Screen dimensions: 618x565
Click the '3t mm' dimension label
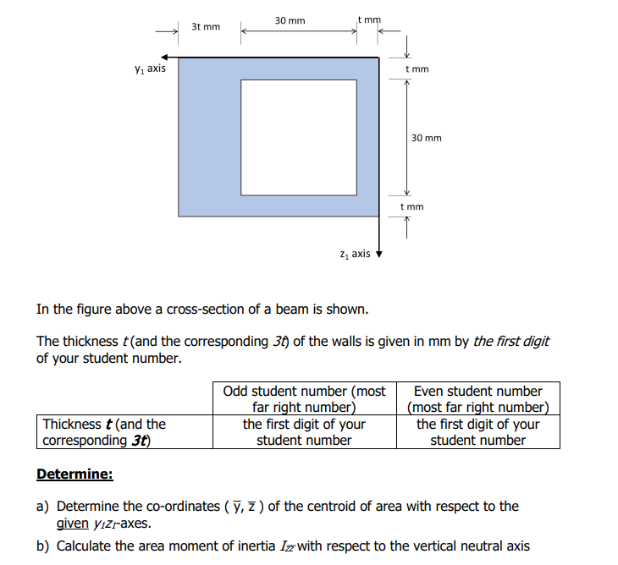coord(206,27)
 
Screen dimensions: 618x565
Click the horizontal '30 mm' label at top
coord(290,19)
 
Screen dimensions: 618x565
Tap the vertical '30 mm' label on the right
coord(426,138)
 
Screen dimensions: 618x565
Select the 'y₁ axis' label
coord(150,69)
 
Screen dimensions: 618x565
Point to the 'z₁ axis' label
coord(354,253)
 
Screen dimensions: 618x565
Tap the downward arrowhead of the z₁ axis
coord(379,254)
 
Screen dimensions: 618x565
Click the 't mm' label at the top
coord(369,18)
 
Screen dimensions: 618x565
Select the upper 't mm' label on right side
coord(417,69)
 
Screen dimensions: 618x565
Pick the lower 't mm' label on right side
coord(411,206)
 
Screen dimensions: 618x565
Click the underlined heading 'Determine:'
coord(74,474)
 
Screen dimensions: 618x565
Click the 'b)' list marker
coord(42,546)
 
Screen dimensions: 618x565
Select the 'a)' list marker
coord(42,507)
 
